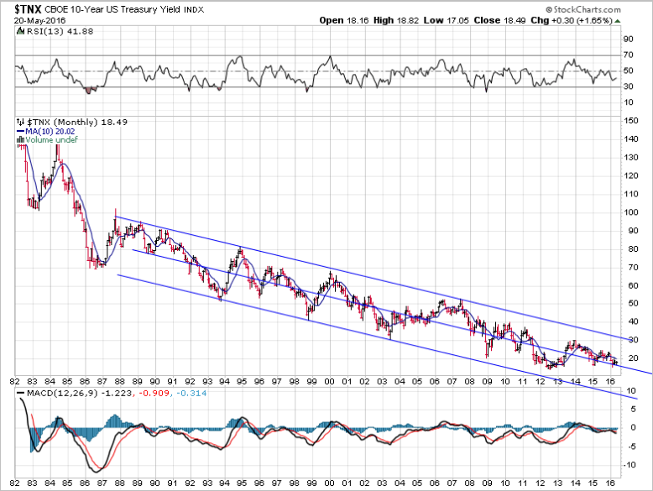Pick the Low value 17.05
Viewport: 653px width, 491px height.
478,20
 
